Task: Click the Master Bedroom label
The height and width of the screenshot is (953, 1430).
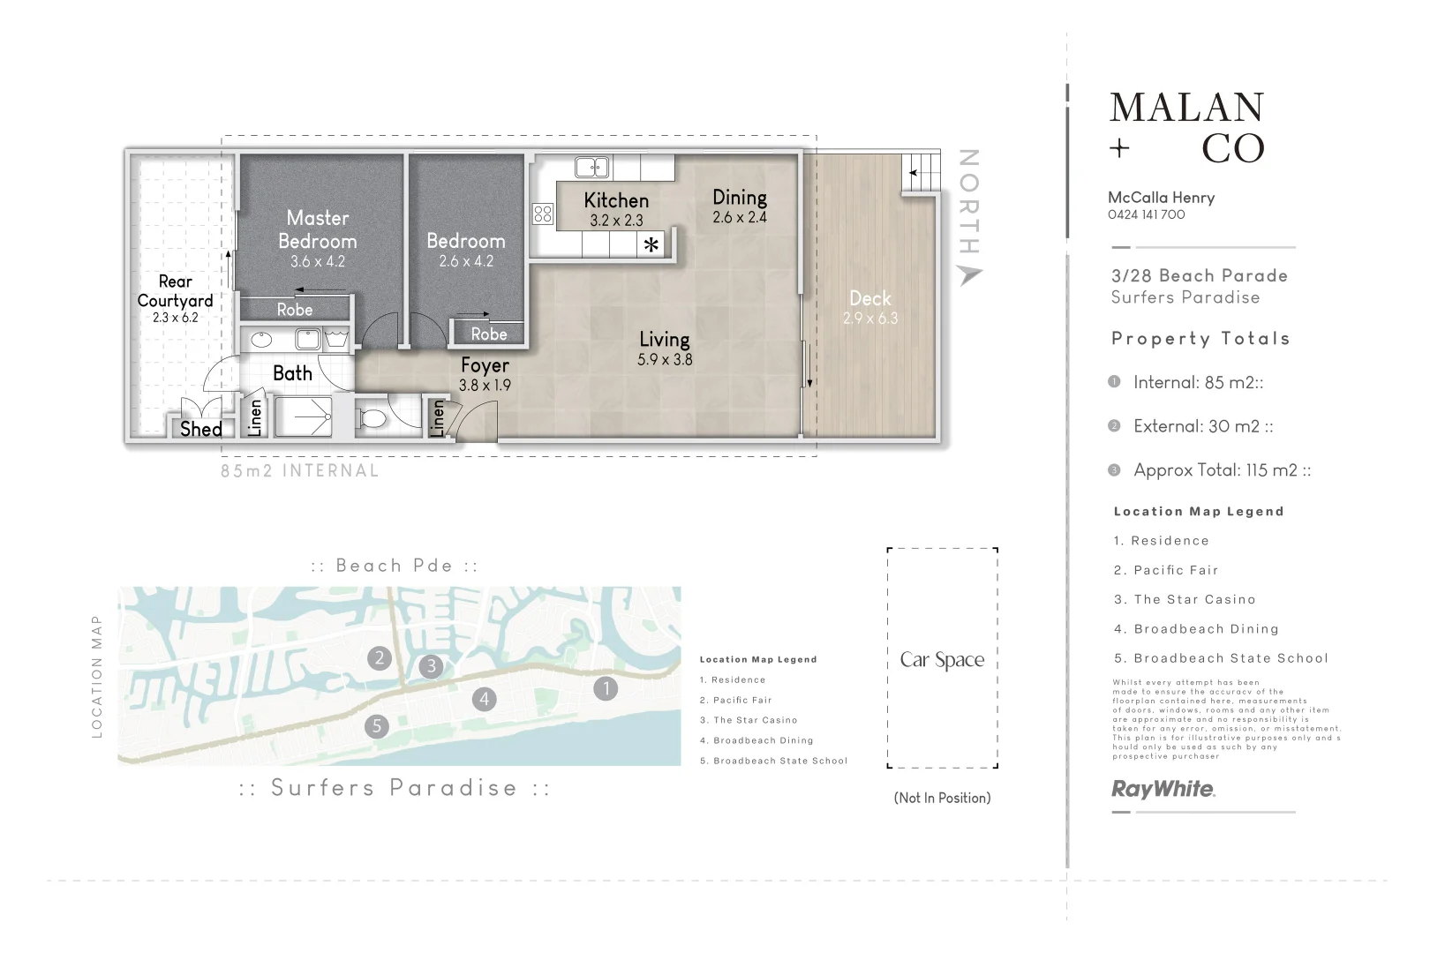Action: [318, 229]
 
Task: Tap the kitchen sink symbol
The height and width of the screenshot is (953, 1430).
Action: [591, 167]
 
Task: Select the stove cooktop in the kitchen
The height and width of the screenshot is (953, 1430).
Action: [542, 214]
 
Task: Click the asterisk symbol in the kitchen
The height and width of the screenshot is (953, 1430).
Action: [651, 245]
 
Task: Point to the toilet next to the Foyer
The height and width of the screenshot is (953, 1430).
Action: [374, 417]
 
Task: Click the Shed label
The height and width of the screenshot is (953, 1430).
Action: [201, 429]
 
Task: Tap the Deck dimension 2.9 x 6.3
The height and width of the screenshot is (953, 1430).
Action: [869, 319]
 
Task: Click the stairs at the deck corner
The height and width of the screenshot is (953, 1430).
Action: [921, 174]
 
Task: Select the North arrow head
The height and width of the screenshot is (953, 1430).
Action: [969, 275]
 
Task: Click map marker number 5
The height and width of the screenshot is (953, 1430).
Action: [377, 726]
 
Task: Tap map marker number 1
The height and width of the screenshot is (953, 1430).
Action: [606, 688]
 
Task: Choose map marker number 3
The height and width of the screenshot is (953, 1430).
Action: [431, 665]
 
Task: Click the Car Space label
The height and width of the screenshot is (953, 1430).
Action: [942, 660]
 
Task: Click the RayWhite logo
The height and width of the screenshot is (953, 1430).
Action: [1163, 789]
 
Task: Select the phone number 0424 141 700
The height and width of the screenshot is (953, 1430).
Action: [1146, 214]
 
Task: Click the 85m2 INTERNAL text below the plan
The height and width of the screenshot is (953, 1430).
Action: [300, 471]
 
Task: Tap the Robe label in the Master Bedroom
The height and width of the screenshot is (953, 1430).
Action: [295, 310]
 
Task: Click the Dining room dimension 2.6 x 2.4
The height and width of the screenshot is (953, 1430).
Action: [740, 217]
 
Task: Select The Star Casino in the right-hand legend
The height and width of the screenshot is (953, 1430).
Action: [1193, 599]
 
